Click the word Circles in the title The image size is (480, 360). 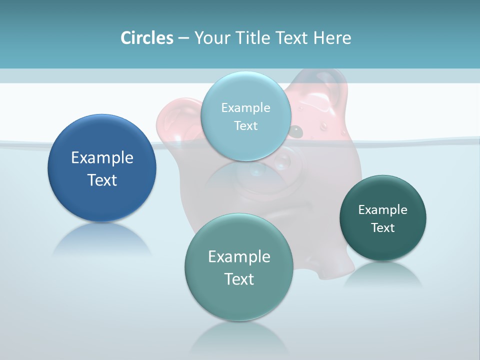147,38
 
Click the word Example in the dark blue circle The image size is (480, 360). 102,158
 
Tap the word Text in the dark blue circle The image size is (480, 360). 102,180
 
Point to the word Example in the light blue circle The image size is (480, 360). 245,108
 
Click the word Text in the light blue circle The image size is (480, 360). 245,126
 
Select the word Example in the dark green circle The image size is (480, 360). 383,210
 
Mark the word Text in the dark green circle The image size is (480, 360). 383,228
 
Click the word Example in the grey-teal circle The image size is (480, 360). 239,257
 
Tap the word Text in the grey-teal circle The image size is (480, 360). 239,279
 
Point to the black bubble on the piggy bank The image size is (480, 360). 297,131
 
